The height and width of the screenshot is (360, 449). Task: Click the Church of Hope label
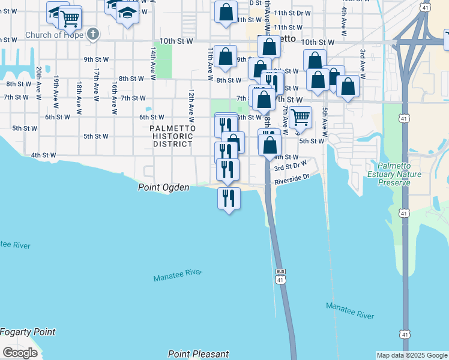click(x=55, y=35)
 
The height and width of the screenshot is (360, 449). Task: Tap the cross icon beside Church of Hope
click(x=92, y=34)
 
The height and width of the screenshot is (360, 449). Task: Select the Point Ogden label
click(x=164, y=188)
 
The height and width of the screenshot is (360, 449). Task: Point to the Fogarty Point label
click(x=28, y=332)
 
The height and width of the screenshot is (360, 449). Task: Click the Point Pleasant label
click(x=199, y=354)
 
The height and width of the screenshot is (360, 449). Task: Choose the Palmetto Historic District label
click(x=172, y=136)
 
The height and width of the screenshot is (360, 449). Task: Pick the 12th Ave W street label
click(x=191, y=103)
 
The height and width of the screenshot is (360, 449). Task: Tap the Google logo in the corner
click(x=20, y=353)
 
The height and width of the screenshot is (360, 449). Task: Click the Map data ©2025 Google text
click(x=412, y=355)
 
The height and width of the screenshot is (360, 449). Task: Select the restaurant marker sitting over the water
click(x=228, y=199)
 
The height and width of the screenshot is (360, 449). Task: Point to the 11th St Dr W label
click(x=292, y=13)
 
